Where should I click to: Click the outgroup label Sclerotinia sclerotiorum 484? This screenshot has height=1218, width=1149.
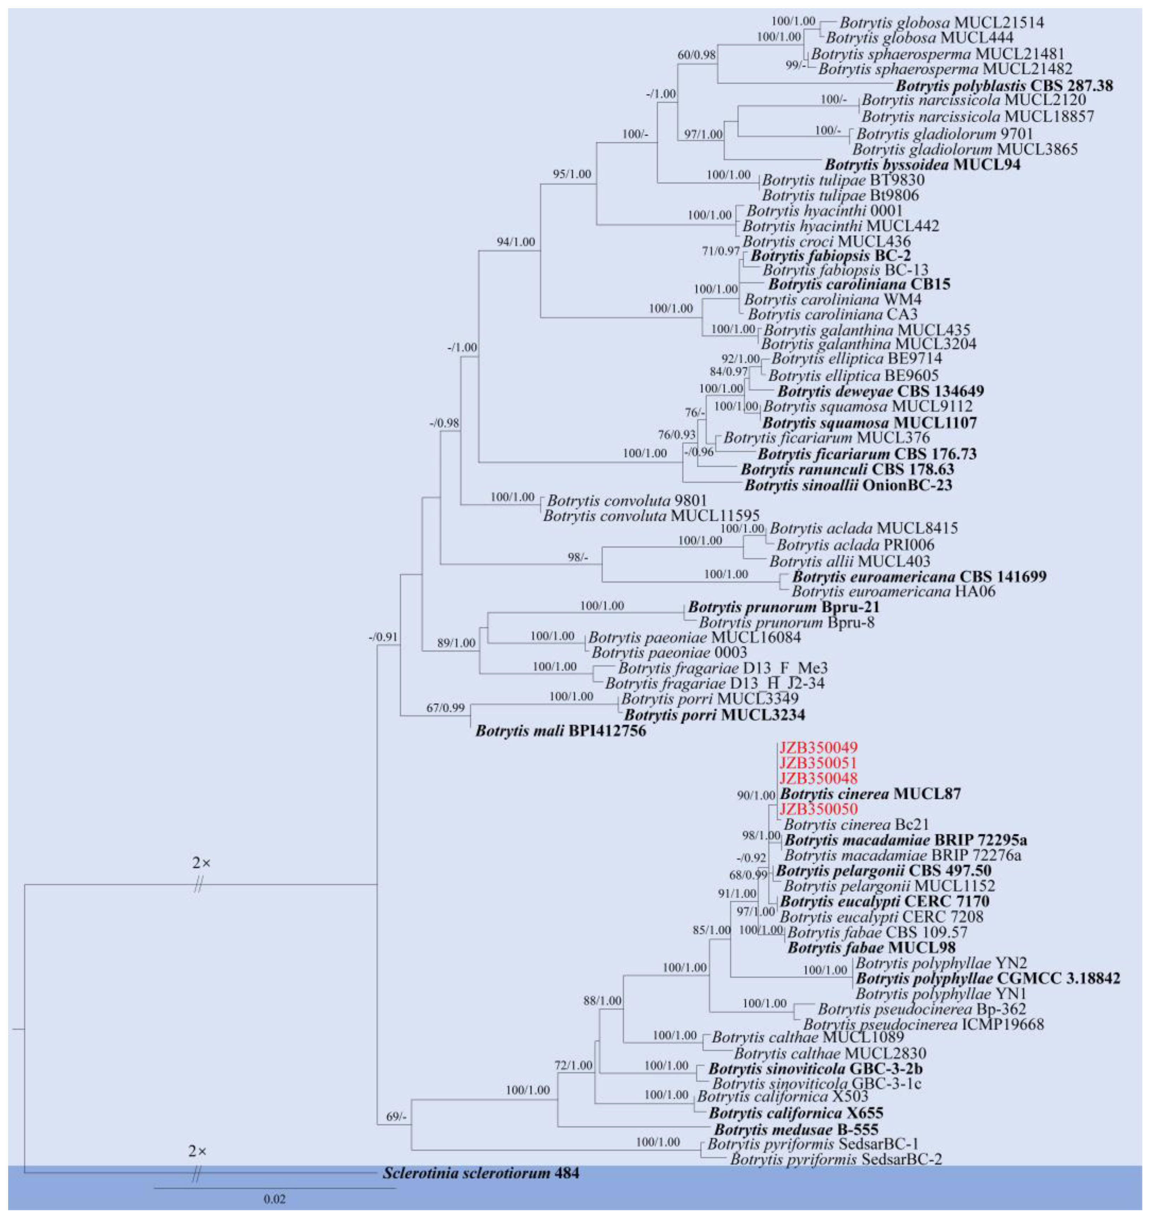click(480, 1173)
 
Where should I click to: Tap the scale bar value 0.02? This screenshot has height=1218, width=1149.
click(275, 1199)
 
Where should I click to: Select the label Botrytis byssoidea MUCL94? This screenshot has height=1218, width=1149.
click(922, 164)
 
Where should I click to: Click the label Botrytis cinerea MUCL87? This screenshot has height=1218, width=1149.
click(870, 794)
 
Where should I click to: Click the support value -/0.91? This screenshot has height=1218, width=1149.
click(383, 637)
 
